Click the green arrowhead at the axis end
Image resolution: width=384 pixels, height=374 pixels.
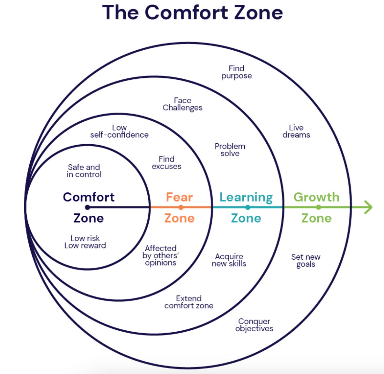point(369,207)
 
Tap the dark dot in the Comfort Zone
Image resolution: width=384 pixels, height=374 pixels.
point(87,207)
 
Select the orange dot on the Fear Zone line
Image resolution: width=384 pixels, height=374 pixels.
point(181,207)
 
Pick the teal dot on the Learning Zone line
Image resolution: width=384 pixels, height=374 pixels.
point(248,207)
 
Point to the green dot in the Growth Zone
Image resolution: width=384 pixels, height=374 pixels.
point(318,207)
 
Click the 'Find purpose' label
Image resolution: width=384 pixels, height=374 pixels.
point(237,72)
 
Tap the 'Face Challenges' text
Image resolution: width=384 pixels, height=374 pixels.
point(182,104)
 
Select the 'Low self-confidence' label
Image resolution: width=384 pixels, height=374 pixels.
point(119,131)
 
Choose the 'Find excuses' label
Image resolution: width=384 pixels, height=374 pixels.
point(166,162)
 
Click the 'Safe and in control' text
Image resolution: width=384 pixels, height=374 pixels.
point(84,171)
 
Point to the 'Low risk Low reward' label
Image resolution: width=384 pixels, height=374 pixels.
point(85,242)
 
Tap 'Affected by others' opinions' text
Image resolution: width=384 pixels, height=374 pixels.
point(160,255)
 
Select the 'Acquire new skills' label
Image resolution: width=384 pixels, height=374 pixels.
point(229,260)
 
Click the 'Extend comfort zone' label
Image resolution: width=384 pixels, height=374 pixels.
point(189,302)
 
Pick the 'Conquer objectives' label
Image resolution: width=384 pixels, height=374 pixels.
point(254,325)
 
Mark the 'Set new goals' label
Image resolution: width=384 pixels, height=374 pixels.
point(306,261)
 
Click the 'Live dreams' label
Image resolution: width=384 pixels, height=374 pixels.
point(296,131)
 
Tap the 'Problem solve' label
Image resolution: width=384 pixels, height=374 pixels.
point(230,150)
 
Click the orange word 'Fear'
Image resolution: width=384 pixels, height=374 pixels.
point(179,197)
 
